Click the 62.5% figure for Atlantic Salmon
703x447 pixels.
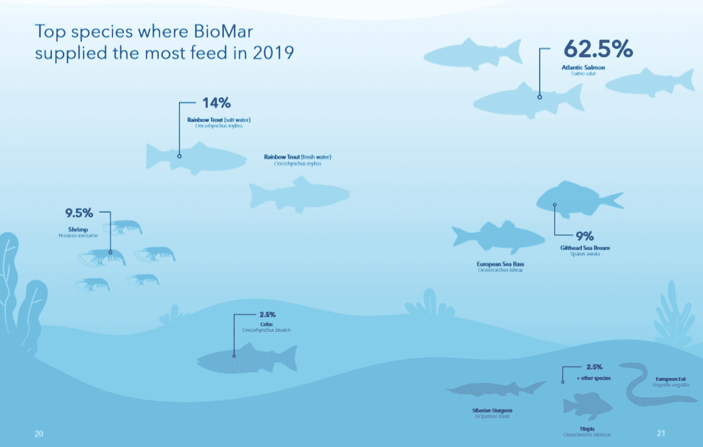point(598,49)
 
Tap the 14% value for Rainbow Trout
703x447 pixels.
point(216,103)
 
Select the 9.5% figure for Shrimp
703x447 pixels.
point(79,213)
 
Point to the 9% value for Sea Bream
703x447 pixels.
point(585,236)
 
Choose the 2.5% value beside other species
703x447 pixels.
point(594,367)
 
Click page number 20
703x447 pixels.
point(39,434)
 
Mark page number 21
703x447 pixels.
point(660,433)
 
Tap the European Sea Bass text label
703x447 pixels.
point(500,264)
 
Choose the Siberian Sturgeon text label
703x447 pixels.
point(492,411)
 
